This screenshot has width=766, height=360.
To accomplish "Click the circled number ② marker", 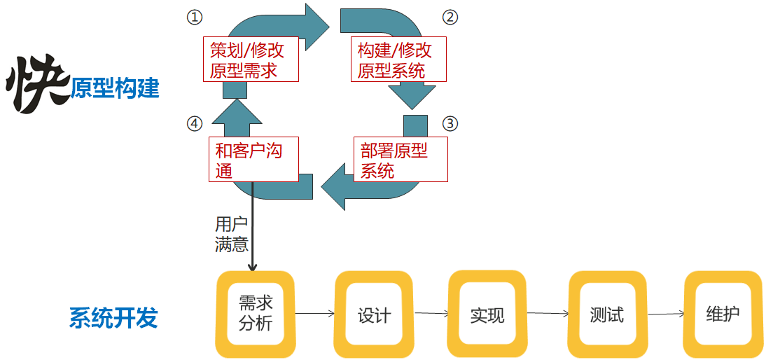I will [x=451, y=17].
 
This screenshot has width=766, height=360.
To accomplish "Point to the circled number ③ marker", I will [x=450, y=124].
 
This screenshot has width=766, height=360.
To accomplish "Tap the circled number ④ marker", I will [x=194, y=124].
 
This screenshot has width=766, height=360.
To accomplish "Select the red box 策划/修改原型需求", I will [x=250, y=60].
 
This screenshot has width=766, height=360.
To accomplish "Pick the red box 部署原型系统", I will [x=400, y=160].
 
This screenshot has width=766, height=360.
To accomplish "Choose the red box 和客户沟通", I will [x=255, y=160].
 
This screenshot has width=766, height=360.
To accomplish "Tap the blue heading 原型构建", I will [x=115, y=89].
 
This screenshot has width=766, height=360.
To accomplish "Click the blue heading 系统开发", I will [x=113, y=318].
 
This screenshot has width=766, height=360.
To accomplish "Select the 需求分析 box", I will [x=255, y=313].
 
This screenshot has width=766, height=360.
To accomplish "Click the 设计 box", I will [x=373, y=314].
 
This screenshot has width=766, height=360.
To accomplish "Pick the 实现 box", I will [x=487, y=314].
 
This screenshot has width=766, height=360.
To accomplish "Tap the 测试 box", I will [x=606, y=314].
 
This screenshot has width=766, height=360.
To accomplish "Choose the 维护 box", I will [x=722, y=314].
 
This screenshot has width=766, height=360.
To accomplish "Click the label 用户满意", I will [x=231, y=234].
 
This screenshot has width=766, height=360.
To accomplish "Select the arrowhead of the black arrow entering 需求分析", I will [x=252, y=267].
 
